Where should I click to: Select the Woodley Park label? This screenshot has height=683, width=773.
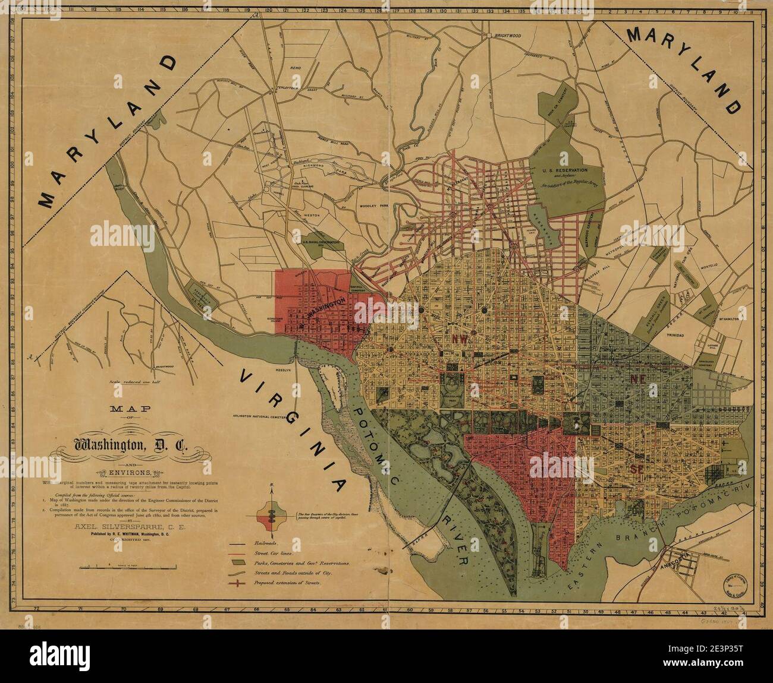pyautogui.click(x=374, y=207)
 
